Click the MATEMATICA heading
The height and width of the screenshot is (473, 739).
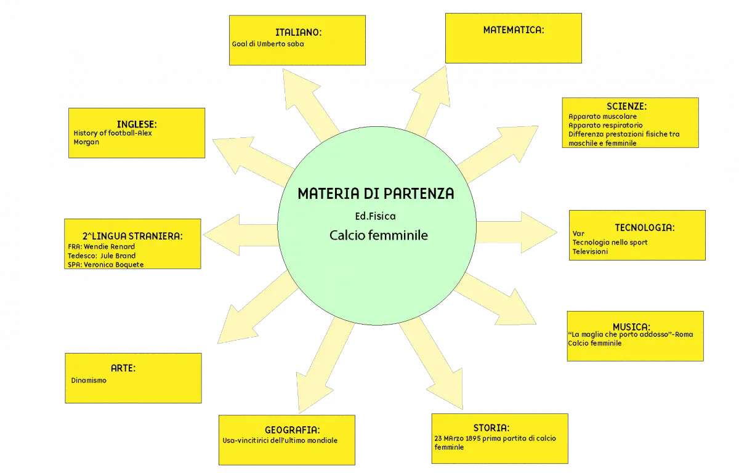(x=514, y=30)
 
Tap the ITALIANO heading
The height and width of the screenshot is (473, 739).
(x=298, y=32)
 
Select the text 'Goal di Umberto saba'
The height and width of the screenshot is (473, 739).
(x=268, y=44)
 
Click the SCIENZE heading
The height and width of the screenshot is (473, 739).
(x=626, y=106)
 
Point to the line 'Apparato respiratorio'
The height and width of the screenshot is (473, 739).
(x=605, y=126)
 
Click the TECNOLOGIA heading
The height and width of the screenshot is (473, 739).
(x=645, y=227)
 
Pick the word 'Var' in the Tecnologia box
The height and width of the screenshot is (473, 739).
(x=578, y=233)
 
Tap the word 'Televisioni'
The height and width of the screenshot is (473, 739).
(x=590, y=252)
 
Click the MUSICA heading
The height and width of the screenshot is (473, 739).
(x=631, y=326)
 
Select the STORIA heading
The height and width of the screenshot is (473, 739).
(x=491, y=428)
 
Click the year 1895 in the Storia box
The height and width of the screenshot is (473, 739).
(x=473, y=439)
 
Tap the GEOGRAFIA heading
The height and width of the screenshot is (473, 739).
(x=293, y=430)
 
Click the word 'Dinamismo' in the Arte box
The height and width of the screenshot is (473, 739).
(x=89, y=381)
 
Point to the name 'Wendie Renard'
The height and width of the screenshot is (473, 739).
(x=109, y=247)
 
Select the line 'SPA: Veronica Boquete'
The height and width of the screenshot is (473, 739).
(x=105, y=265)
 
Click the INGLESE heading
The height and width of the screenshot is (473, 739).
(x=137, y=124)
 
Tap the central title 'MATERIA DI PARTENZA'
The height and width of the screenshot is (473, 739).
(x=376, y=193)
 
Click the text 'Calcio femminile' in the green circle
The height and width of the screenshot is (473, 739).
(x=378, y=235)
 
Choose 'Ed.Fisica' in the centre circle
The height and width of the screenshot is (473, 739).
(x=375, y=216)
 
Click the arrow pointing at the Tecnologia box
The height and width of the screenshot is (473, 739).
(x=517, y=232)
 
